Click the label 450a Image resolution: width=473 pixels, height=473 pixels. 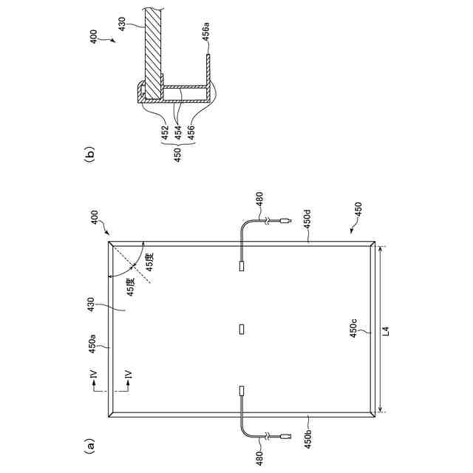[x=92, y=343]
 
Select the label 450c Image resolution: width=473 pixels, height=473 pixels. [x=353, y=328]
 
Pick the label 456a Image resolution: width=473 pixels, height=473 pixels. [x=206, y=33]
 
